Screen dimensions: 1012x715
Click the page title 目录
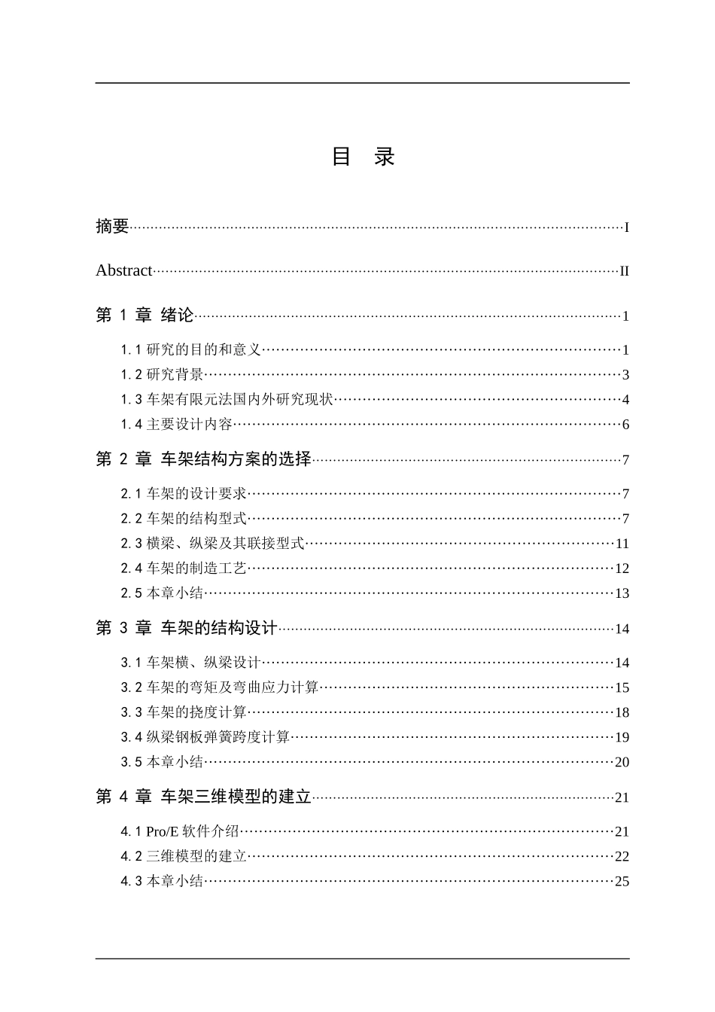tap(364, 157)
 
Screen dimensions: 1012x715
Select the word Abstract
tap(124, 271)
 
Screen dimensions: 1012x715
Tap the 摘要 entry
tap(112, 226)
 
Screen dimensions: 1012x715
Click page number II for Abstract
tap(624, 272)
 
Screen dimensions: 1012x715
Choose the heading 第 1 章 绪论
tap(145, 315)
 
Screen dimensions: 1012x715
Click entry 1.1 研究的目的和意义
tap(191, 350)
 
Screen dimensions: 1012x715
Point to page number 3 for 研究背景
tap(625, 375)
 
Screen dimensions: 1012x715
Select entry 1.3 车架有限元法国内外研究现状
tap(227, 400)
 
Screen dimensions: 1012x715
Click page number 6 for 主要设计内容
tap(625, 425)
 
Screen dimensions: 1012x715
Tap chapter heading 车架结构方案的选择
tap(236, 459)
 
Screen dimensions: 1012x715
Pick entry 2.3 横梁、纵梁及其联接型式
tap(213, 544)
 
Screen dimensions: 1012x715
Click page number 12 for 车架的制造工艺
tap(622, 568)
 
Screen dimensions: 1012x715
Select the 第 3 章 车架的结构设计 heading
tap(187, 628)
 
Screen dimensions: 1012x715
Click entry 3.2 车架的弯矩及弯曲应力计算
tap(221, 687)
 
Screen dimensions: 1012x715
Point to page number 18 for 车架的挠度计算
tap(622, 712)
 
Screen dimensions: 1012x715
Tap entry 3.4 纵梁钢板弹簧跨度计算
tap(205, 737)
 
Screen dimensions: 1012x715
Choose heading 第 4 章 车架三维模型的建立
tap(203, 797)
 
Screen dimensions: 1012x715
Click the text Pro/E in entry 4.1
tap(162, 832)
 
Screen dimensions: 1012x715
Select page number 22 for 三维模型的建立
tap(622, 857)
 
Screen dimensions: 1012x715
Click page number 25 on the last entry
tap(622, 882)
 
